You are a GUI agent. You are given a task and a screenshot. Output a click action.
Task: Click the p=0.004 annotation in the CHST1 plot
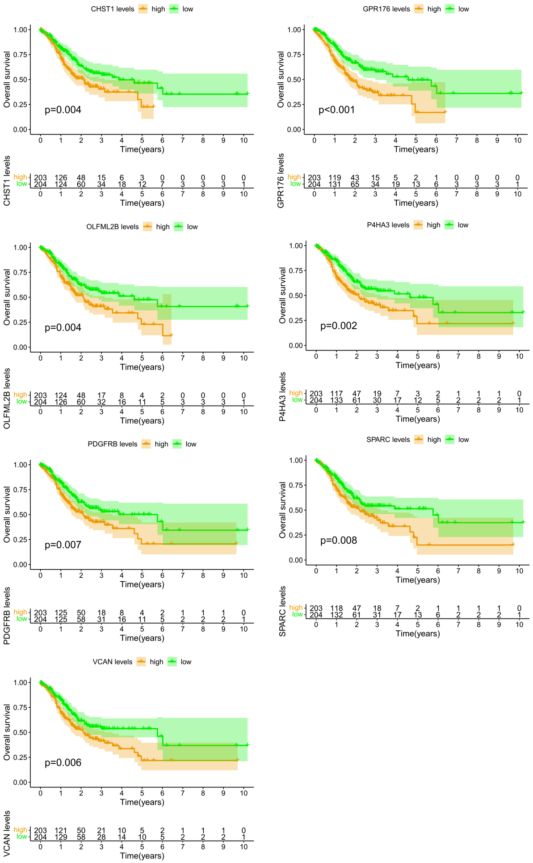pyautogui.click(x=63, y=110)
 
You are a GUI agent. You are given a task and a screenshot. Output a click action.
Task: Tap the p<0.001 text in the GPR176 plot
pyautogui.click(x=337, y=110)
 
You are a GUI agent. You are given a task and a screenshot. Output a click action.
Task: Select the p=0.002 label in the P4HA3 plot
pyautogui.click(x=339, y=326)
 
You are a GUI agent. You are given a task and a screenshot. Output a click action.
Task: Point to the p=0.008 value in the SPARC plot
pyautogui.click(x=339, y=540)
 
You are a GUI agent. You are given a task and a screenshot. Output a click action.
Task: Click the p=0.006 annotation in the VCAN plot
pyautogui.click(x=63, y=762)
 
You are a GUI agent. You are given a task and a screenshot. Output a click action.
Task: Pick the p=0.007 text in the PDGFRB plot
pyautogui.click(x=63, y=545)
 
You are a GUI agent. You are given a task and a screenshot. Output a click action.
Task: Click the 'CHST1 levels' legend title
pyautogui.click(x=113, y=9)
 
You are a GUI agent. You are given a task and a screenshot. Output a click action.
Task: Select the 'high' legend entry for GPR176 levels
pyautogui.click(x=434, y=9)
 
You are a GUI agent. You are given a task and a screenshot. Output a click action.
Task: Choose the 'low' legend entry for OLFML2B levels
pyautogui.click(x=192, y=227)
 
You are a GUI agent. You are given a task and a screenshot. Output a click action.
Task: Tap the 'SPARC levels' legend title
pyautogui.click(x=388, y=440)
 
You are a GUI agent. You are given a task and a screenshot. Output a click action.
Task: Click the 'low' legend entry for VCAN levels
pyautogui.click(x=186, y=662)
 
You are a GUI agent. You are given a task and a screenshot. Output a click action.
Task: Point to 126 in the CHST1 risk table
pyautogui.click(x=61, y=178)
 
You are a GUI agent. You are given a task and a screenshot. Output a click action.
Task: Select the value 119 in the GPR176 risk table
pyautogui.click(x=335, y=178)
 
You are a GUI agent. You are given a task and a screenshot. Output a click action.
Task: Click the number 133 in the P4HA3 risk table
pyautogui.click(x=336, y=400)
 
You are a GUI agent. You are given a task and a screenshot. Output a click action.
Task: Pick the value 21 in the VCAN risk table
pyautogui.click(x=101, y=830)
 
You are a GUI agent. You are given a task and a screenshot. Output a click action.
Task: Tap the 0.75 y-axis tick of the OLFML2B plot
pyautogui.click(x=21, y=272)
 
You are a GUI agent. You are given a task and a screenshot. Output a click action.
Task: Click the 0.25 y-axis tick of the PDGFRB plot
pyautogui.click(x=21, y=540)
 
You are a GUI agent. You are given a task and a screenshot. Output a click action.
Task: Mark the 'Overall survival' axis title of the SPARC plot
pyautogui.click(x=282, y=510)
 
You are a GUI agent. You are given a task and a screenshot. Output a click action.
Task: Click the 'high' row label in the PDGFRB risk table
pyautogui.click(x=20, y=612)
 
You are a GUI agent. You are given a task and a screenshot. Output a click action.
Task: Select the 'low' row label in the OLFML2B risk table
pyautogui.click(x=21, y=402)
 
